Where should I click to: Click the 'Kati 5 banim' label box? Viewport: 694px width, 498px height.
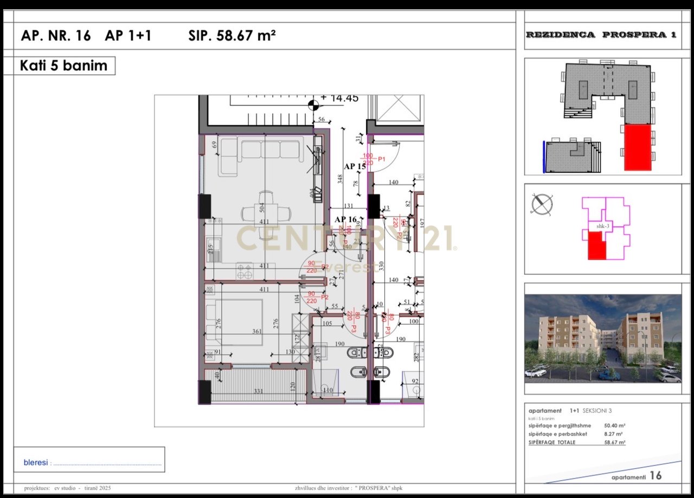coord(63,66)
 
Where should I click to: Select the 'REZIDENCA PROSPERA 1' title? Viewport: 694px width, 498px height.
coord(601,35)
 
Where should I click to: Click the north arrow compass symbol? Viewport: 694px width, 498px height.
coord(542,205)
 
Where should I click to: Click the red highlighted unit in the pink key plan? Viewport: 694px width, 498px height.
coord(596,245)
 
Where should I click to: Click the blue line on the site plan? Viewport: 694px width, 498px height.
coord(543,156)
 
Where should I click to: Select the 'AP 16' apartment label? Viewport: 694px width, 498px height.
coord(345,219)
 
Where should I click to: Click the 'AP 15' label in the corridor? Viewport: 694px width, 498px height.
coord(355,167)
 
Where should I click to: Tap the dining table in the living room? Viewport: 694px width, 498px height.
coord(266,214)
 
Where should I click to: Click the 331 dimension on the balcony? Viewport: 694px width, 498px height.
coord(259,392)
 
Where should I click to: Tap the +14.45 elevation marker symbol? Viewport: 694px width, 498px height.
coord(313,104)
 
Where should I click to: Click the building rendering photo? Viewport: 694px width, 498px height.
coord(602,338)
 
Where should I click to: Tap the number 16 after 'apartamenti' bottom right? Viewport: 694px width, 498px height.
coord(656,476)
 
